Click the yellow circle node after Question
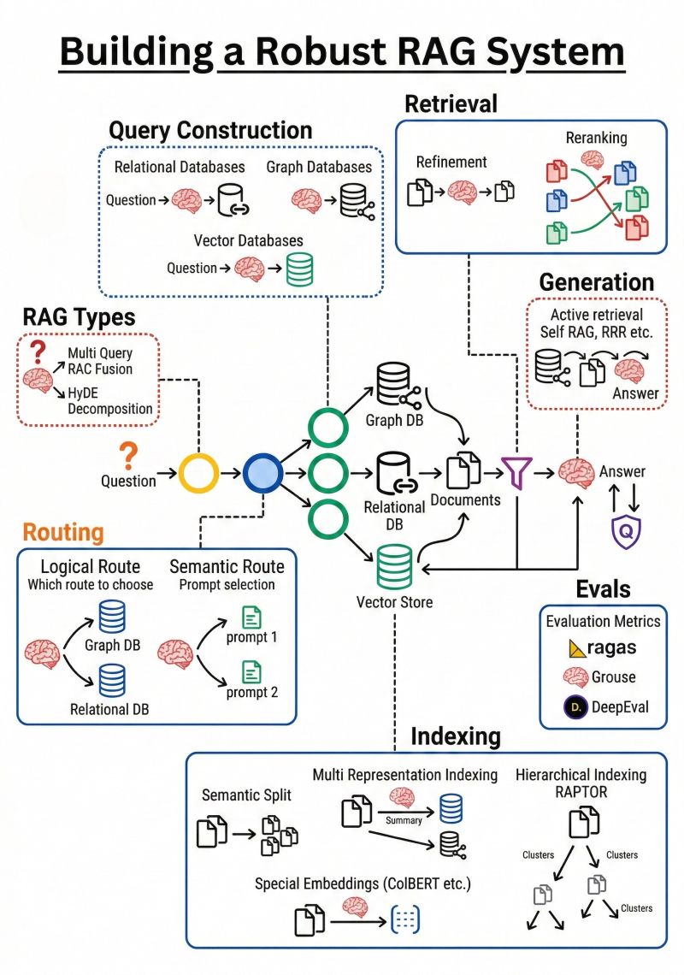[199, 471]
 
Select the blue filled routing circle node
[262, 471]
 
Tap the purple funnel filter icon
[516, 470]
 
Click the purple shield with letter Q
[626, 531]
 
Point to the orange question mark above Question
[128, 454]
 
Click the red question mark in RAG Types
[37, 352]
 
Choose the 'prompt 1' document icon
[252, 617]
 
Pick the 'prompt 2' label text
[252, 692]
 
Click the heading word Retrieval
[451, 104]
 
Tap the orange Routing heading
[62, 532]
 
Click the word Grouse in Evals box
[614, 677]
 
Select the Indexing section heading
[456, 736]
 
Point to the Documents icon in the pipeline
[465, 470]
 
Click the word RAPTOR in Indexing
[581, 792]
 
